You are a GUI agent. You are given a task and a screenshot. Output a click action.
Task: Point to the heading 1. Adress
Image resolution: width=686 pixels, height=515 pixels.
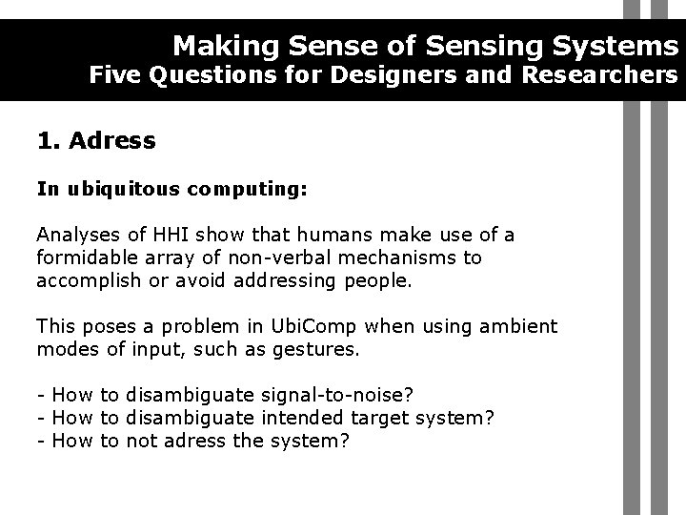coord(96,142)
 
